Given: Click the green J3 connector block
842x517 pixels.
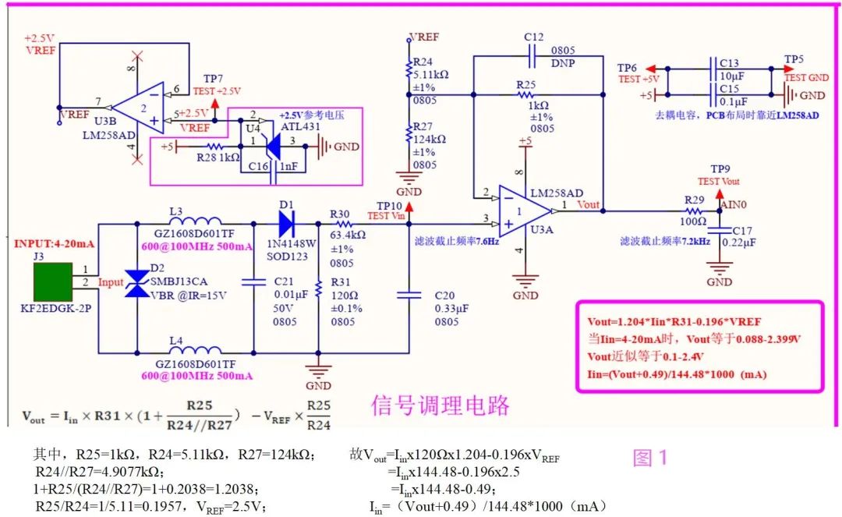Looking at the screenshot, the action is tap(53, 282).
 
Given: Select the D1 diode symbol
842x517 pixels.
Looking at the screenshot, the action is tap(287, 223).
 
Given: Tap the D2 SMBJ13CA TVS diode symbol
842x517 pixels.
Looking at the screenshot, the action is tap(137, 283).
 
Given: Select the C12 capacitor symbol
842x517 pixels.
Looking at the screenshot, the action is tap(532, 56).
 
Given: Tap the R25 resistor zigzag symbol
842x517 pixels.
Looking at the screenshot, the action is tap(525, 94).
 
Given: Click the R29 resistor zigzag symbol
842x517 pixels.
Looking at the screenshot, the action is tap(693, 211).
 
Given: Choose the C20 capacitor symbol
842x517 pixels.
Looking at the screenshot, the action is tap(409, 295).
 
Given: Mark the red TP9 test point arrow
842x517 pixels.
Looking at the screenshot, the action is tap(720, 194).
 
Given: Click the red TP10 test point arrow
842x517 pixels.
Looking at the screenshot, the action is tap(409, 207).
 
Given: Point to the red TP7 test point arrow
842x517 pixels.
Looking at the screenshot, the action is tap(214, 104).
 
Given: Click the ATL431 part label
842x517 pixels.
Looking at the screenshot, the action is tap(300, 126).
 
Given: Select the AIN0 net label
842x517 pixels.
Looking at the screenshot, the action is tap(733, 204).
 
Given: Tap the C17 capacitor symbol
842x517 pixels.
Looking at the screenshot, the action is tap(720, 231).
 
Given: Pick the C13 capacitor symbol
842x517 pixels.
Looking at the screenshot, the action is tap(713, 69).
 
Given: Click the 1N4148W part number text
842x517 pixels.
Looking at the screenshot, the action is tap(292, 243).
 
